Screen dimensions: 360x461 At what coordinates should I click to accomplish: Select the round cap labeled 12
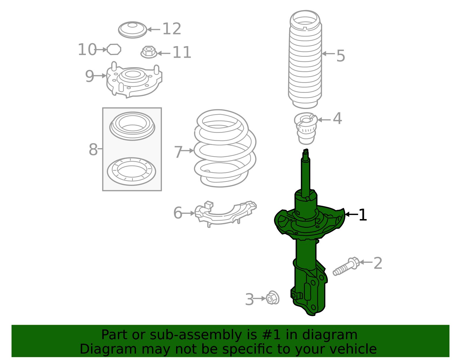(x=133, y=30)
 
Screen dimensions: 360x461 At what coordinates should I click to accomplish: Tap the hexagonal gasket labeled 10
(x=114, y=49)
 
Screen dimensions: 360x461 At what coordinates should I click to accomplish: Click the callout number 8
(x=93, y=150)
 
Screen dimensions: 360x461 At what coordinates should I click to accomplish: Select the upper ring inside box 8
(x=132, y=126)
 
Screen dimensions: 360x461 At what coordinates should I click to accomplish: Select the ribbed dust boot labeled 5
(x=305, y=61)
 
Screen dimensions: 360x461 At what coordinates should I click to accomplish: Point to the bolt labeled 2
(x=346, y=267)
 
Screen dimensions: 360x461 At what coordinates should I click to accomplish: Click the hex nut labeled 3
(x=272, y=298)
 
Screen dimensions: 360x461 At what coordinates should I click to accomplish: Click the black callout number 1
(x=363, y=215)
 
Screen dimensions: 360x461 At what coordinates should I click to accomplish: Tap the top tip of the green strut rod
(x=306, y=150)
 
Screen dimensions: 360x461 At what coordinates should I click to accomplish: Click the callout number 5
(x=341, y=56)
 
